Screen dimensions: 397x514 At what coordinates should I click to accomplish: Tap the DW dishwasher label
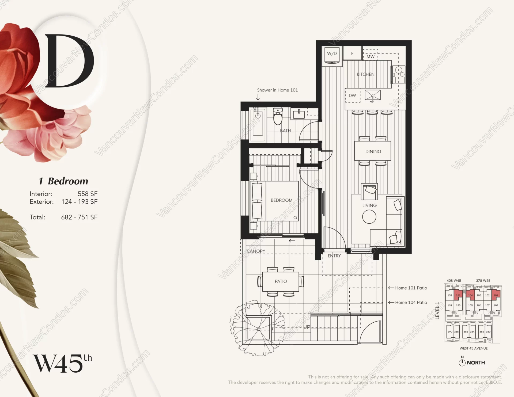click(352, 96)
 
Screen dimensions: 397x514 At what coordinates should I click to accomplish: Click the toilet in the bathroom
click(278, 117)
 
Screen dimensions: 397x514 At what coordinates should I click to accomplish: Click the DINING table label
click(373, 151)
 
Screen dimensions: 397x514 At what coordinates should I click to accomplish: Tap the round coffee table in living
click(369, 217)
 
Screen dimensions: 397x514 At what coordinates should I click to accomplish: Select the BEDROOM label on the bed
click(281, 200)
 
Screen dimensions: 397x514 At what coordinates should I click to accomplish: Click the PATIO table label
click(281, 281)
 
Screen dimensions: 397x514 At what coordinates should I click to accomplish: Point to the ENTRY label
click(334, 256)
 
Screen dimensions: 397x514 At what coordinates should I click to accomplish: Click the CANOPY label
click(256, 251)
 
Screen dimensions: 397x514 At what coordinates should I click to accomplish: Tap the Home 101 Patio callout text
click(411, 288)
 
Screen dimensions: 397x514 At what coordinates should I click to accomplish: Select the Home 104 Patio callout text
click(411, 302)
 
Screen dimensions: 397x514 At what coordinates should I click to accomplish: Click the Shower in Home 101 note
click(277, 90)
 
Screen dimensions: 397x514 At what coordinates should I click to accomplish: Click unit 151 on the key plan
click(458, 295)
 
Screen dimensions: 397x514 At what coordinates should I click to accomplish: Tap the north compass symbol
click(462, 362)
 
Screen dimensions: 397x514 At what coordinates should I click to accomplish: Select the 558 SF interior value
click(88, 194)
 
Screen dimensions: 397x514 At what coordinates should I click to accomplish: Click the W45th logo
click(62, 363)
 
